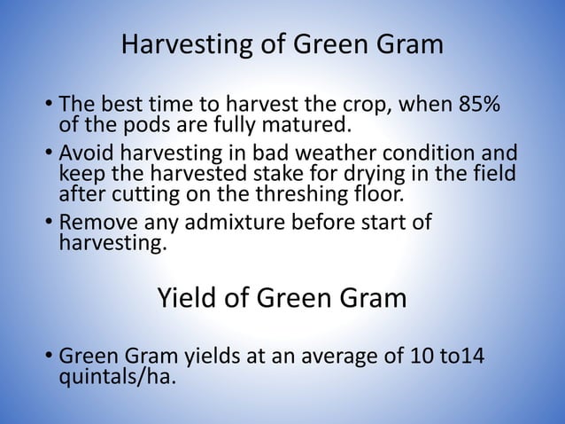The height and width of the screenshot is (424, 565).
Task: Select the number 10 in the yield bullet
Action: point(424,359)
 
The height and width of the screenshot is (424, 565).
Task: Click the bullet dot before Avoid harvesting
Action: point(49,156)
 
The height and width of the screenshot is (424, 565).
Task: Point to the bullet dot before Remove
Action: point(49,224)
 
